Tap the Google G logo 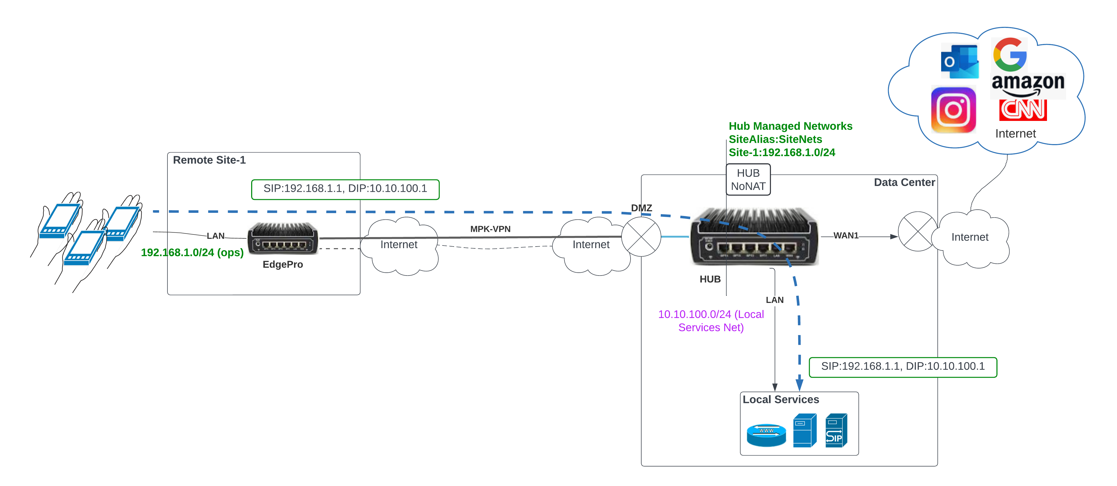tap(1010, 55)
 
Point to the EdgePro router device tap(283, 239)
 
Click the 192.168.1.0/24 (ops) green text tap(192, 253)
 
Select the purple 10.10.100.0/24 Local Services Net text tap(711, 321)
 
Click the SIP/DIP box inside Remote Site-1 tap(345, 189)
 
